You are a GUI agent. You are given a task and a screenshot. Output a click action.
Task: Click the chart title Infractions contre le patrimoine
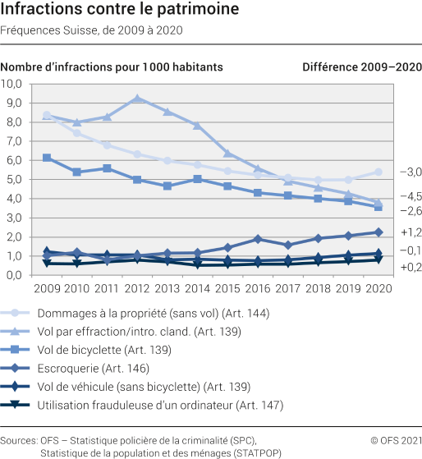pyautogui.click(x=121, y=11)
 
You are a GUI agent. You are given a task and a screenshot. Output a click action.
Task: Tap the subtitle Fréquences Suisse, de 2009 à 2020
pyautogui.click(x=92, y=30)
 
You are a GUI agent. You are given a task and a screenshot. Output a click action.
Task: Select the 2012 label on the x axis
pyautogui.click(x=137, y=289)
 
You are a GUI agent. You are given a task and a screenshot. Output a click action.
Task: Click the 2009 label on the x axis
pyautogui.click(x=47, y=289)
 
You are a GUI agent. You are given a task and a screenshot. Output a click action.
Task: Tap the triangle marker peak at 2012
pyautogui.click(x=137, y=99)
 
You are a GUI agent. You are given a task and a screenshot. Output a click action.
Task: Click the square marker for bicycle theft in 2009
pyautogui.click(x=47, y=158)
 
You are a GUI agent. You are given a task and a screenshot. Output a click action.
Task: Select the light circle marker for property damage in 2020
pyautogui.click(x=378, y=172)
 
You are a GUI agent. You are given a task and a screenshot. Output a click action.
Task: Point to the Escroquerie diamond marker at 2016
pyautogui.click(x=258, y=239)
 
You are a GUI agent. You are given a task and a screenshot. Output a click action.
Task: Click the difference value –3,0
pyautogui.click(x=400, y=172)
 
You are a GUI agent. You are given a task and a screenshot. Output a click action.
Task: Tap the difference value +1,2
pyautogui.click(x=400, y=232)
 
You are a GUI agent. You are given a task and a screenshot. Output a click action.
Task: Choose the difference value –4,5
pyautogui.click(x=400, y=196)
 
